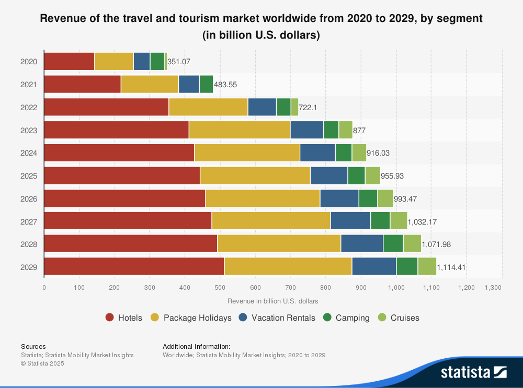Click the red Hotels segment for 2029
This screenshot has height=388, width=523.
point(134,266)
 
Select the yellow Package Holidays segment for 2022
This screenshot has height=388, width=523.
point(208,107)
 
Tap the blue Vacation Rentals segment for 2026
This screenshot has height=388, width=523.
point(339,198)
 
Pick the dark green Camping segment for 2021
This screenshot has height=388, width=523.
point(206,84)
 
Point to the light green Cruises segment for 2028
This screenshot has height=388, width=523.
point(412,244)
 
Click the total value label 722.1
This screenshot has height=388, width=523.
point(308,107)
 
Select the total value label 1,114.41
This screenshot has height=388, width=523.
point(451,267)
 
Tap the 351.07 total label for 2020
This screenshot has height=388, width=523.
point(179,62)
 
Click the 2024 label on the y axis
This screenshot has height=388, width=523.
point(29,153)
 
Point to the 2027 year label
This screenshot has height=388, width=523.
point(29,221)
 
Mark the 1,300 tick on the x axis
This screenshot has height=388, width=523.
point(493,288)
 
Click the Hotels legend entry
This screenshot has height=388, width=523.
point(124,318)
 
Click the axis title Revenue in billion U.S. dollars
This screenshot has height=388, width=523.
point(273,301)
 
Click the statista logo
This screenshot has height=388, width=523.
point(473,372)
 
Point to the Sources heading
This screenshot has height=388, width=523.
point(33,346)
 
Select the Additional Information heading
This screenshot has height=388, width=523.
point(197,346)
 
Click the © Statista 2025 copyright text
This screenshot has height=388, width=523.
point(42,363)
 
